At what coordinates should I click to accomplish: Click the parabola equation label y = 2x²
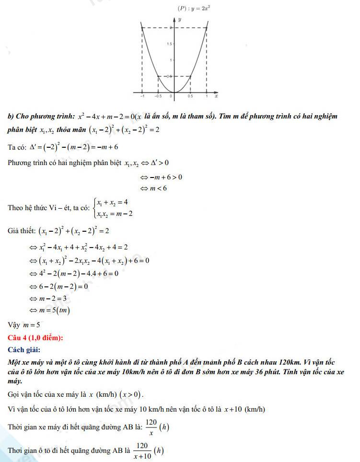[195, 8]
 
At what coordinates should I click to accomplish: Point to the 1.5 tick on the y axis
[169, 44]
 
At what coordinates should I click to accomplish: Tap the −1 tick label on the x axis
[141, 96]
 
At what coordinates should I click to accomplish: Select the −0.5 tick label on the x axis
[158, 96]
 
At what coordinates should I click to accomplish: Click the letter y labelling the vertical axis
[179, 20]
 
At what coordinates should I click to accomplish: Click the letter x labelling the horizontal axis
[216, 96]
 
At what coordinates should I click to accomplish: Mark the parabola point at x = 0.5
[190, 76]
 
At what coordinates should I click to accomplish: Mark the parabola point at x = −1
[142, 28]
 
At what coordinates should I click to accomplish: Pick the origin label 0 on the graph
[171, 96]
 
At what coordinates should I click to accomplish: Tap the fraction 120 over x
[151, 426]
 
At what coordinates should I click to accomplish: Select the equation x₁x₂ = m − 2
[115, 213]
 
